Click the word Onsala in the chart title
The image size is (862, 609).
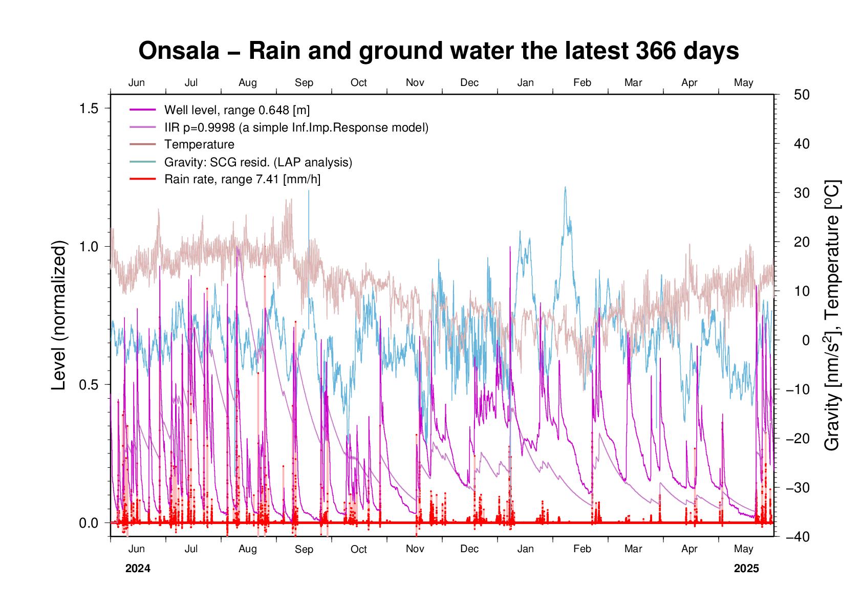click(x=179, y=51)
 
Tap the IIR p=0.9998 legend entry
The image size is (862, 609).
click(x=296, y=127)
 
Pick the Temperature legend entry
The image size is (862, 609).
click(x=199, y=145)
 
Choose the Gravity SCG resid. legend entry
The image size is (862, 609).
click(x=258, y=162)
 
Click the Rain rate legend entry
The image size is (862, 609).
click(x=242, y=180)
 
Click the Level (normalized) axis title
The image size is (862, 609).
click(x=60, y=315)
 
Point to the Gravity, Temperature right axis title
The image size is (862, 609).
click(x=833, y=315)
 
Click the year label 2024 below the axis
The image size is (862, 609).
click(x=138, y=569)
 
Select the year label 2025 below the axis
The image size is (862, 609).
click(x=746, y=569)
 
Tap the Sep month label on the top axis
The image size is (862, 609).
click(x=304, y=83)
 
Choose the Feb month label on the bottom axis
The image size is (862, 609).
click(x=582, y=549)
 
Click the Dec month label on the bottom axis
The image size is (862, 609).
click(x=469, y=549)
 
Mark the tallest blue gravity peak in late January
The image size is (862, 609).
click(x=565, y=187)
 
